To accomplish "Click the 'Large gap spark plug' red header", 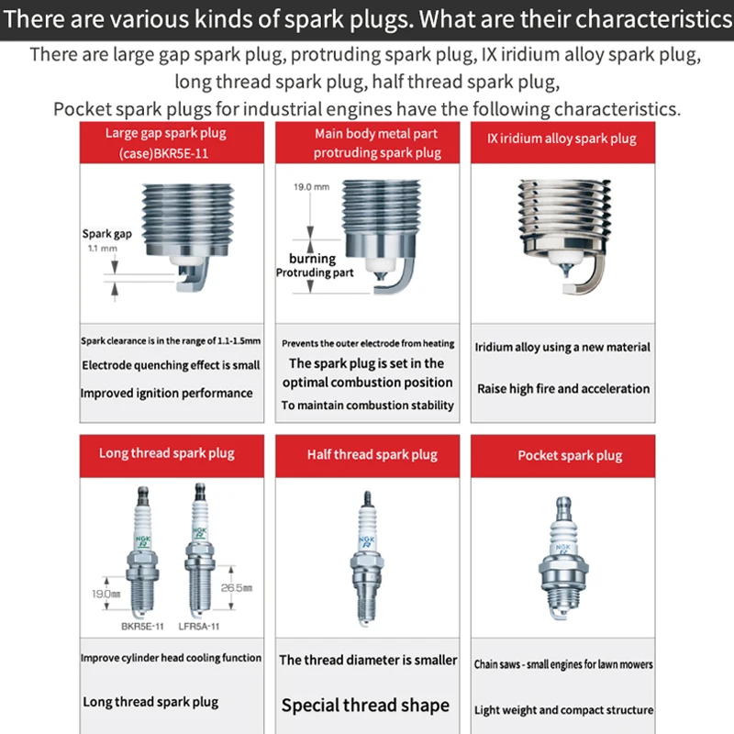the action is pyautogui.click(x=172, y=143).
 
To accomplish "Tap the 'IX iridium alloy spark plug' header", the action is pyautogui.click(x=562, y=143).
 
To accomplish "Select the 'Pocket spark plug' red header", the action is pyautogui.click(x=562, y=456).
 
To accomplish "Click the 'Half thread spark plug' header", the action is pyautogui.click(x=368, y=456).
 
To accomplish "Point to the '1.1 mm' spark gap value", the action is pyautogui.click(x=103, y=248).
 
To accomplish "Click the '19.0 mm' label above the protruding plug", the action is pyautogui.click(x=311, y=187).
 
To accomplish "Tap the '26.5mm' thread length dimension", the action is pyautogui.click(x=237, y=588).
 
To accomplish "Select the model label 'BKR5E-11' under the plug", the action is pyautogui.click(x=142, y=627).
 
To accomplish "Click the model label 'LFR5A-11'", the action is pyautogui.click(x=199, y=627).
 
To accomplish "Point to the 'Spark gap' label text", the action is pyautogui.click(x=107, y=234).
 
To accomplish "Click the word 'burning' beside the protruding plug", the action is pyautogui.click(x=312, y=259).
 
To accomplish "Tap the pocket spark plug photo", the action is pyautogui.click(x=563, y=558).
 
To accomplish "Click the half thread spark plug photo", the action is pyautogui.click(x=367, y=558).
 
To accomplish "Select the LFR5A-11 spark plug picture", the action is pyautogui.click(x=200, y=550).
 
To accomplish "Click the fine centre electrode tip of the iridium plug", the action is pyautogui.click(x=566, y=270).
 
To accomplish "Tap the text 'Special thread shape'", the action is pyautogui.click(x=365, y=706).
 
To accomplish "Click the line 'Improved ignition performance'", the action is pyautogui.click(x=166, y=394).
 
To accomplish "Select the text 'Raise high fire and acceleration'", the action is pyautogui.click(x=563, y=388).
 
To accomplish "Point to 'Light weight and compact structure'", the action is pyautogui.click(x=563, y=710).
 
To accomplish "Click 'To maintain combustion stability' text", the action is pyautogui.click(x=368, y=406).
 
